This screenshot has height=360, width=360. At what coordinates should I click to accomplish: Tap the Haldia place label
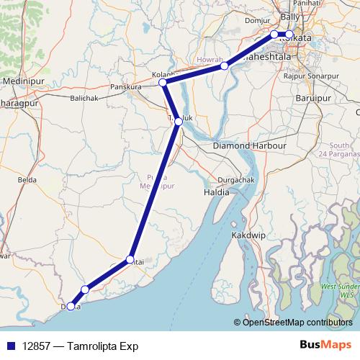tap(217, 192)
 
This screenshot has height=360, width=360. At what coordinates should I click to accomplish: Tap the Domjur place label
tap(257, 21)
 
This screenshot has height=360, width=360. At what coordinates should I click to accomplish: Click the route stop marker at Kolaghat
tap(163, 83)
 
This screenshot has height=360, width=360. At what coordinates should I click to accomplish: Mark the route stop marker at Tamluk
tap(179, 122)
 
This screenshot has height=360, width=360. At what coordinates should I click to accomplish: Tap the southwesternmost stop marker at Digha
tap(71, 306)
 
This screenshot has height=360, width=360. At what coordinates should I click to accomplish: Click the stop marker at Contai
tap(130, 259)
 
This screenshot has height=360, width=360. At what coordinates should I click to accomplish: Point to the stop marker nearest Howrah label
tap(225, 66)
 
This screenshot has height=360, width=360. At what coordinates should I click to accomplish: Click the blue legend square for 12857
tap(8, 346)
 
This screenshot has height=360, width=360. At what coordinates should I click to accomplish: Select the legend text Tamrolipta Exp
tap(101, 346)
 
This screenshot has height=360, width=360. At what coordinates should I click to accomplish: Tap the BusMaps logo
tap(326, 346)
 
